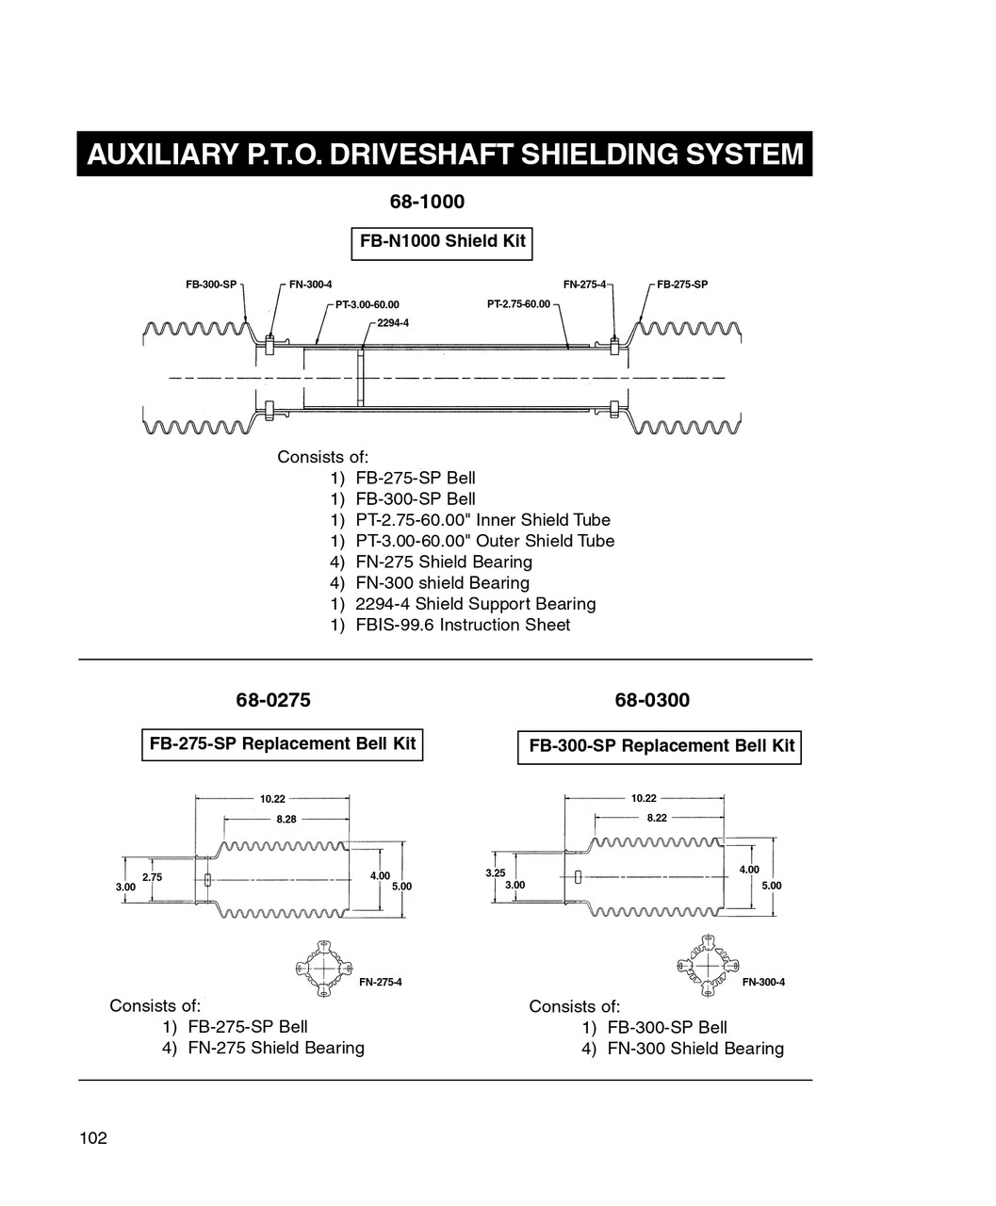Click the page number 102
click(93, 1138)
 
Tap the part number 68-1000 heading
click(427, 202)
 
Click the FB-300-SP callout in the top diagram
click(211, 284)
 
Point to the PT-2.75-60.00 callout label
click(518, 304)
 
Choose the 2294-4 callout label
click(393, 322)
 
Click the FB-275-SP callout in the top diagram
click(682, 284)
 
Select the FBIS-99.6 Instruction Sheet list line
click(450, 625)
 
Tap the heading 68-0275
click(272, 700)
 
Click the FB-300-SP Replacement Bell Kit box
click(660, 746)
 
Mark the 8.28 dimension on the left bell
click(286, 819)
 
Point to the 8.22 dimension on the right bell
click(657, 818)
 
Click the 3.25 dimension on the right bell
click(495, 873)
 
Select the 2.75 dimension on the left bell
click(152, 877)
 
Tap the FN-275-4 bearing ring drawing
click(322, 968)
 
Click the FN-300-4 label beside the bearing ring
click(763, 983)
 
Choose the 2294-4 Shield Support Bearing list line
click(463, 604)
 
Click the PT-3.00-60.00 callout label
click(367, 304)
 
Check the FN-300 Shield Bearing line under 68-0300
click(682, 1048)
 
